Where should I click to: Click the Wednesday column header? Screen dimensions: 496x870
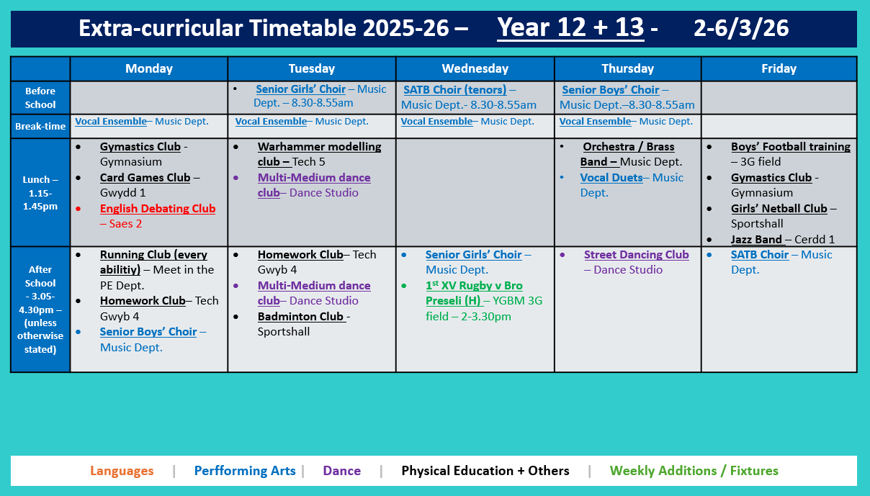475,68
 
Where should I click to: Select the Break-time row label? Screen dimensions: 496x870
40,126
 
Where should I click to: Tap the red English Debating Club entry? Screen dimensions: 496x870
157,209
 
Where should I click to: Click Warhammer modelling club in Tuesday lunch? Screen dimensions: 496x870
319,147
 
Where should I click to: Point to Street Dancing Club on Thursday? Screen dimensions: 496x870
636,255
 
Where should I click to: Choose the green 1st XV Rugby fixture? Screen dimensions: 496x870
474,286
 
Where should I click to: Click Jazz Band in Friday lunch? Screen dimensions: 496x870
757,240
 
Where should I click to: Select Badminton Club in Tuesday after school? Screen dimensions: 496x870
301,317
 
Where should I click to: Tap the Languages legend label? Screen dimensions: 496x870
122,471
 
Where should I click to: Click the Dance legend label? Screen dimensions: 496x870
341,471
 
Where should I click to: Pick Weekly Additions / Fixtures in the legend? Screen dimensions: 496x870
694,471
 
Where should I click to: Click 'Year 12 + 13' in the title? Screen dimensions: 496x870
570,27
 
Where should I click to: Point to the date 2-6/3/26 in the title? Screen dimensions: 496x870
741,28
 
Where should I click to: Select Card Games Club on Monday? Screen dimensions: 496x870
145,178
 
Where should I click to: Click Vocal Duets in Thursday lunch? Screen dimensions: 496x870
611,178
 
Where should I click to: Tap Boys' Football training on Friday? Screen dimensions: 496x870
790,147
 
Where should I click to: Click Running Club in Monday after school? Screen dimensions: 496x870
153,255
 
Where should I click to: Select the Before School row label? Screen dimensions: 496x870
40,98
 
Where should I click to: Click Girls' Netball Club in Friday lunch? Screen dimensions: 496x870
779,209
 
